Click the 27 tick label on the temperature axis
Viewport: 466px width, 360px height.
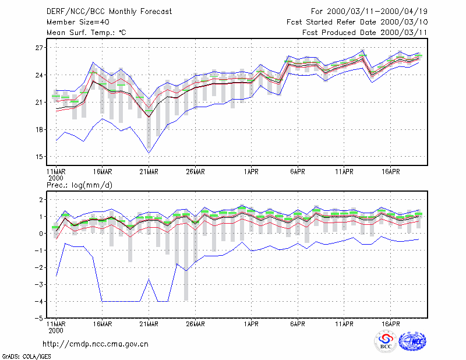tap(39, 48)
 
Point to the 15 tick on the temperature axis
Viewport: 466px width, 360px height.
tap(39, 157)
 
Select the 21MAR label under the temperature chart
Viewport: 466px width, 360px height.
tap(149, 172)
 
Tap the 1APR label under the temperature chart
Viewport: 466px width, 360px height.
tap(251, 172)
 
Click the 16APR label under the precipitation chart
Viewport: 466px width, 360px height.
tap(390, 324)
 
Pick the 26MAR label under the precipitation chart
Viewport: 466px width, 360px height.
tap(195, 324)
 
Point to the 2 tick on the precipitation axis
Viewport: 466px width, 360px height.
tap(41, 199)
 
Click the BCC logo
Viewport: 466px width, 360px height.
tap(386, 341)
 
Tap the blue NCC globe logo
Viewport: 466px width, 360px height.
tap(413, 341)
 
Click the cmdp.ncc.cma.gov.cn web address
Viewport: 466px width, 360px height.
tap(96, 344)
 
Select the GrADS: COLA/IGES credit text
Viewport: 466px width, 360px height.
tap(26, 357)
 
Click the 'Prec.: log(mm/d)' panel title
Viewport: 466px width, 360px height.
tap(79, 185)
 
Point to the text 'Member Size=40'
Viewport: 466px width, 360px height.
tap(78, 22)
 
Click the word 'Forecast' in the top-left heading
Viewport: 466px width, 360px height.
tap(156, 12)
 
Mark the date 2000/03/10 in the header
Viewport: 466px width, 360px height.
tap(404, 22)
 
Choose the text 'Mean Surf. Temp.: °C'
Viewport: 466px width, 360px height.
tap(86, 33)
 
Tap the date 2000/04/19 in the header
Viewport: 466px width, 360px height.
tap(404, 12)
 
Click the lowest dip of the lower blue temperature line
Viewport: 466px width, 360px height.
tap(149, 153)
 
